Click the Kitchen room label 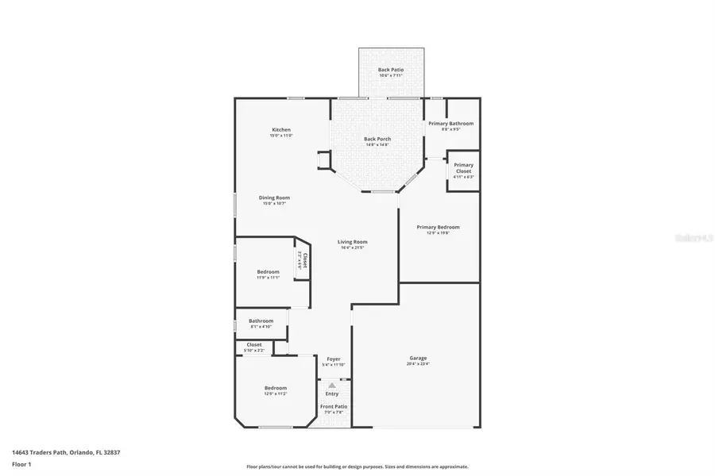pyautogui.click(x=281, y=130)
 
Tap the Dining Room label pyautogui.click(x=274, y=198)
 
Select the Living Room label pyautogui.click(x=352, y=242)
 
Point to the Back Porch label pyautogui.click(x=377, y=139)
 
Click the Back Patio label pyautogui.click(x=390, y=70)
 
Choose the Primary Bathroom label pyautogui.click(x=450, y=124)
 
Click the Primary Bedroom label pyautogui.click(x=438, y=227)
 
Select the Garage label pyautogui.click(x=418, y=358)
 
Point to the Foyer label pyautogui.click(x=334, y=359)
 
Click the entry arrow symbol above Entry pyautogui.click(x=332, y=385)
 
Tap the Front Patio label pyautogui.click(x=333, y=407)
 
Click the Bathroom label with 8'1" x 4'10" pyautogui.click(x=261, y=321)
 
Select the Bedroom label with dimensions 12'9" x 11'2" pyautogui.click(x=276, y=388)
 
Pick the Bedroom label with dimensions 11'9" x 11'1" pyautogui.click(x=268, y=272)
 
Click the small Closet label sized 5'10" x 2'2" pyautogui.click(x=254, y=345)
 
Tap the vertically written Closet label pyautogui.click(x=302, y=259)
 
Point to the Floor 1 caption pyautogui.click(x=21, y=463)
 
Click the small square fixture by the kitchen pyautogui.click(x=324, y=159)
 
